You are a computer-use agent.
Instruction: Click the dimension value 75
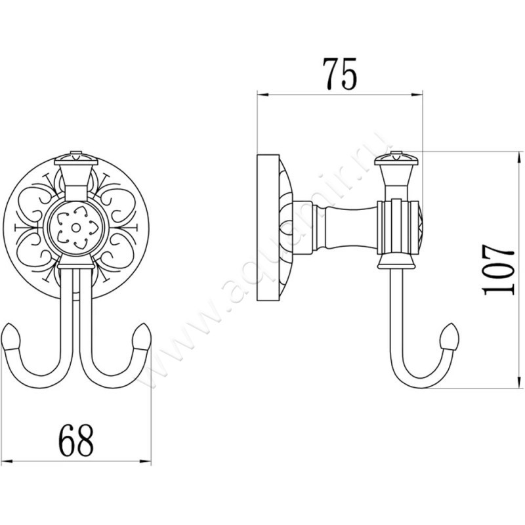click(339, 74)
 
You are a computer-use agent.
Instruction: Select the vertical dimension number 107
click(497, 270)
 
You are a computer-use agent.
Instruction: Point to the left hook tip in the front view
click(14, 341)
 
